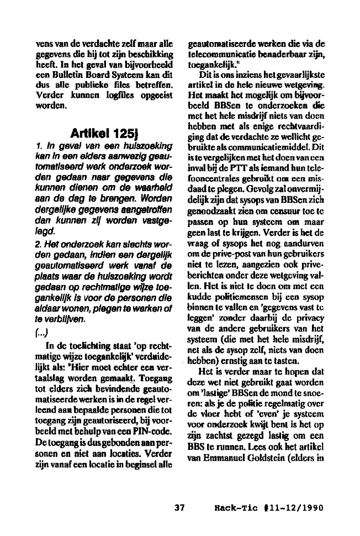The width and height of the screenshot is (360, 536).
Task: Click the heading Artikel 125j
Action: [102, 134]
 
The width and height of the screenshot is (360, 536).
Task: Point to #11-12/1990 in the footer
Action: [291, 507]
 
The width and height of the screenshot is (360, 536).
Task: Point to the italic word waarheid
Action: [149, 189]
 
